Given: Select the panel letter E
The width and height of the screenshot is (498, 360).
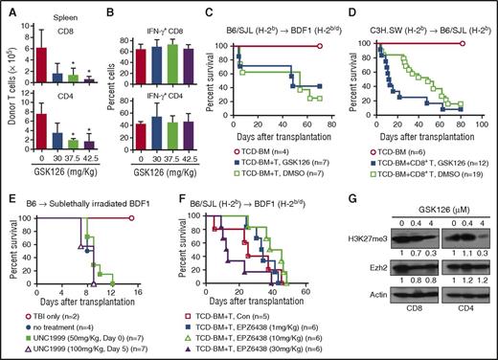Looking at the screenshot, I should pyautogui.click(x=7, y=190).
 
